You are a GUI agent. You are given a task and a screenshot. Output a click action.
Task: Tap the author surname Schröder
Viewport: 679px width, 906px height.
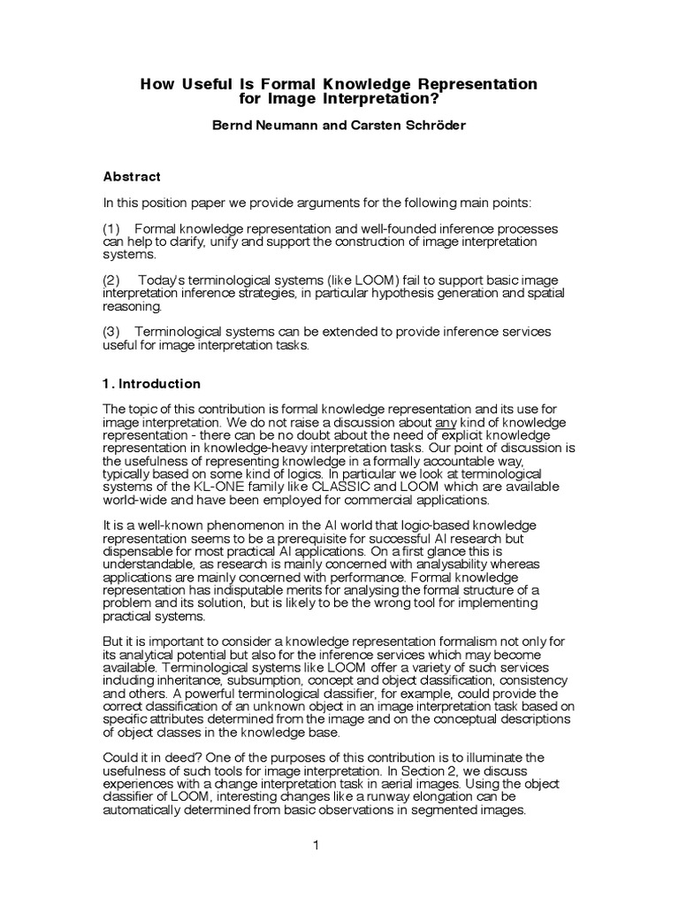click(432, 126)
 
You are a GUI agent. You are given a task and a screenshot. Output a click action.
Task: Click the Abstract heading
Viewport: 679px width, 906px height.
click(132, 177)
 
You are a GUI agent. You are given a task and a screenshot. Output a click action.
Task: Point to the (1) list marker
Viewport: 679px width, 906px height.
click(112, 228)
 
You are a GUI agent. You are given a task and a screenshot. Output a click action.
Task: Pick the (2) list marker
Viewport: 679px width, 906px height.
click(112, 280)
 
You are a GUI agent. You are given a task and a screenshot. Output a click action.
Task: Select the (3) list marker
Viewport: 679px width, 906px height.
click(112, 331)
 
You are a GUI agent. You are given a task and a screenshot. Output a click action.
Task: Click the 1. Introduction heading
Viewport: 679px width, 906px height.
click(152, 384)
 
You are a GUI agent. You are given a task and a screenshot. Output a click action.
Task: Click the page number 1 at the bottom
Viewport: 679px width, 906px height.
click(315, 845)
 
